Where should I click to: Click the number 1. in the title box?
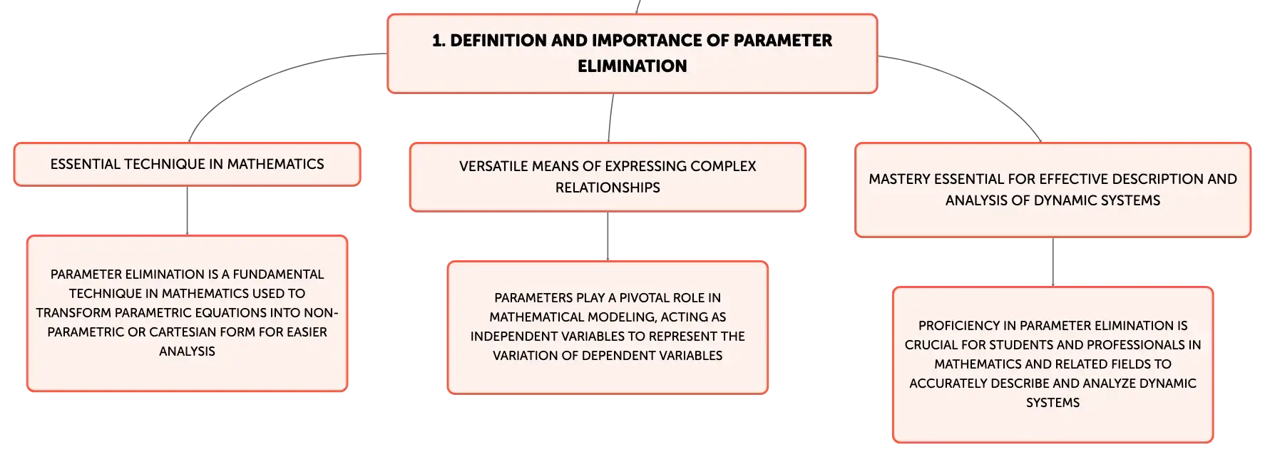[439, 41]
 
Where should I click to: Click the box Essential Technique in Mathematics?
[188, 164]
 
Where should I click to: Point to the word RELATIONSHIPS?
[608, 188]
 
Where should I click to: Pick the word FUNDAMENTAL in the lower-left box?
[278, 274]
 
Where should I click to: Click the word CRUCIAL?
[930, 345]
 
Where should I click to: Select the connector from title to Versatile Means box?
[610, 118]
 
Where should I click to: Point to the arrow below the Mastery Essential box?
[1053, 262]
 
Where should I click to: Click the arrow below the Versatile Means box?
[608, 237]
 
